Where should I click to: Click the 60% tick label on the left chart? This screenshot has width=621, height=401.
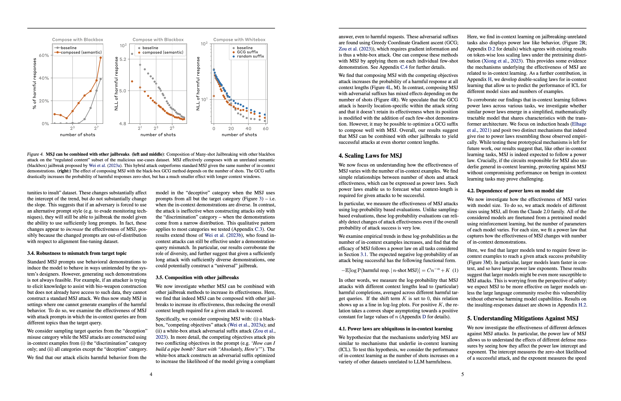[44, 56]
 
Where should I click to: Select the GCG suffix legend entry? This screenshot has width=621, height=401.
[247, 52]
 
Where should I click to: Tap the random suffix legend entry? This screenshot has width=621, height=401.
[250, 56]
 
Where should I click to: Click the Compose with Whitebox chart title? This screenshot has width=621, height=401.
[239, 40]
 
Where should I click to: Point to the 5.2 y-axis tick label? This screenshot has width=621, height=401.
[123, 59]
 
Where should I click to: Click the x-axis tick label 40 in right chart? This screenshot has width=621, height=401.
[248, 129]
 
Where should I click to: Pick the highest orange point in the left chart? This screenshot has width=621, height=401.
[101, 58]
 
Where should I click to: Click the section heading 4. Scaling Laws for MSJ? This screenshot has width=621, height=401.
[370, 156]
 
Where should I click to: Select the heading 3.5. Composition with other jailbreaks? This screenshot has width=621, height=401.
[197, 278]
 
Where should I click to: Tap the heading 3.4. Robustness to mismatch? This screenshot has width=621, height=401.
[77, 253]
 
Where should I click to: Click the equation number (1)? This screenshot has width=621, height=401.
[455, 270]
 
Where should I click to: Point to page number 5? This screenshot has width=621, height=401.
[462, 374]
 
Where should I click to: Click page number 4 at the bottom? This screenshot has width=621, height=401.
[151, 374]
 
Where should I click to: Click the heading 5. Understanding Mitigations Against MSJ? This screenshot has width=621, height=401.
[523, 319]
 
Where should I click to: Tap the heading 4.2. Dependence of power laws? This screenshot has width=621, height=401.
[515, 191]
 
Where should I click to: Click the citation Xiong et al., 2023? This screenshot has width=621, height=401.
[502, 61]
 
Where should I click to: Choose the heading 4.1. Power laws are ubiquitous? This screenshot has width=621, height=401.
[395, 329]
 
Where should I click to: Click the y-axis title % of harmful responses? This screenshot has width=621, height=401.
[35, 83]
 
